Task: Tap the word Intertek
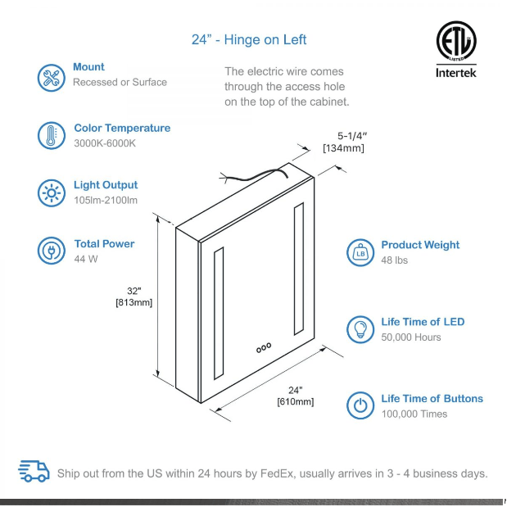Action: pyautogui.click(x=456, y=73)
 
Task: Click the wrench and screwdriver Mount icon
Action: pyautogui.click(x=51, y=77)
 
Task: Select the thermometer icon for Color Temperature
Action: pyautogui.click(x=51, y=135)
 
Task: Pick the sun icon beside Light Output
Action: pyautogui.click(x=51, y=192)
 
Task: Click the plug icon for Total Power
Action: pyautogui.click(x=51, y=251)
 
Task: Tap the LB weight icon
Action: pyautogui.click(x=360, y=253)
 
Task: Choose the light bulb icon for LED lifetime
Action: pyautogui.click(x=360, y=329)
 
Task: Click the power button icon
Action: pyautogui.click(x=360, y=405)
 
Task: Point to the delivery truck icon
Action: pyautogui.click(x=34, y=471)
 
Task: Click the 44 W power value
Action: pyautogui.click(x=85, y=259)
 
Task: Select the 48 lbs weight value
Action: pyautogui.click(x=394, y=260)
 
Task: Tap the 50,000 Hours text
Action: pyautogui.click(x=410, y=337)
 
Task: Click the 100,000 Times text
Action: pyautogui.click(x=414, y=414)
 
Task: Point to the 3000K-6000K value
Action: pyautogui.click(x=105, y=143)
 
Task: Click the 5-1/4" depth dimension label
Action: pyautogui.click(x=352, y=135)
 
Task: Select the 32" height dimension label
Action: pyautogui.click(x=134, y=291)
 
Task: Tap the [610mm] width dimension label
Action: pyautogui.click(x=295, y=401)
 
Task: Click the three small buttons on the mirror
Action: pyautogui.click(x=263, y=348)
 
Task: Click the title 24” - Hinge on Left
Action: pyautogui.click(x=249, y=39)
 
